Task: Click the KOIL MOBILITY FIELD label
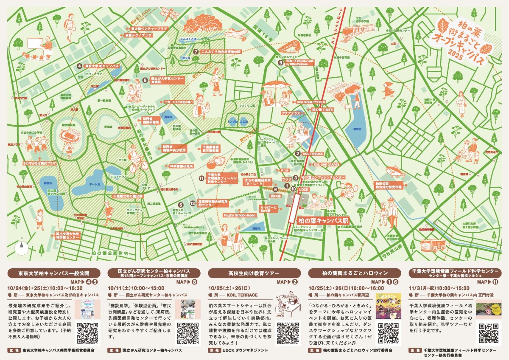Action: pos(311,102)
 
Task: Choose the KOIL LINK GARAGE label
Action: pos(327,164)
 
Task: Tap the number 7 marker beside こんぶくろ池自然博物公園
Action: pos(196,52)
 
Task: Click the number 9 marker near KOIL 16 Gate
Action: pos(280,62)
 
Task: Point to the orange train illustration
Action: pos(359,31)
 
